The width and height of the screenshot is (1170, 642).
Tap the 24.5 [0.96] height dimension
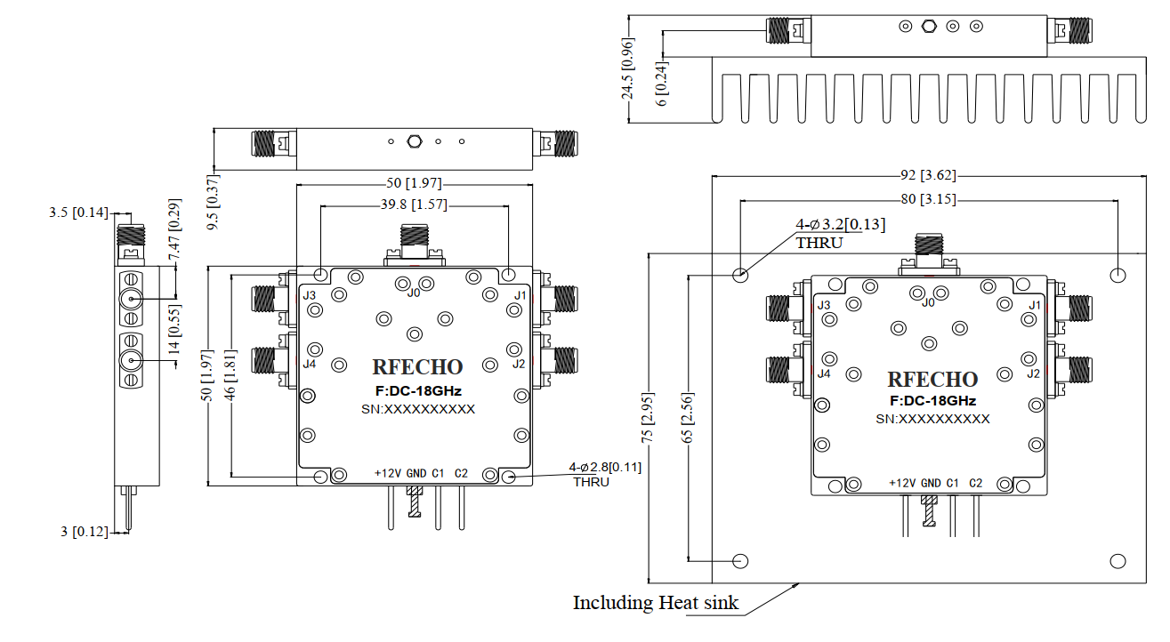coord(628,68)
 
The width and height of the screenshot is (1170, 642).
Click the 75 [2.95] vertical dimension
coord(649,418)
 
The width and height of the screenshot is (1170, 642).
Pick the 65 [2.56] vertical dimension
coord(687,418)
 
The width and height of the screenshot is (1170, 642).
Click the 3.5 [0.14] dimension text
coord(77,213)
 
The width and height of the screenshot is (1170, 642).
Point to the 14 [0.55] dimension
coord(175,331)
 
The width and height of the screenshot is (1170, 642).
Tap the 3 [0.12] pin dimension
coord(84,532)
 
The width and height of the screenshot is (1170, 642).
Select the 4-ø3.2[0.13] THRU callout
coord(827,232)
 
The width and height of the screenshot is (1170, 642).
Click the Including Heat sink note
coord(656,603)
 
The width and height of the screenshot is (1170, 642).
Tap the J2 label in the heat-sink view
coord(1033,373)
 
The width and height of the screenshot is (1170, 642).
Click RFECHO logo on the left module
coord(417,367)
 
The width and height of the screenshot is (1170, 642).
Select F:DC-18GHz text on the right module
coord(932,401)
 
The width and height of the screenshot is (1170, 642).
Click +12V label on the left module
coord(388,473)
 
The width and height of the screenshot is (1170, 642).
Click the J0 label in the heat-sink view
coord(928,302)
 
